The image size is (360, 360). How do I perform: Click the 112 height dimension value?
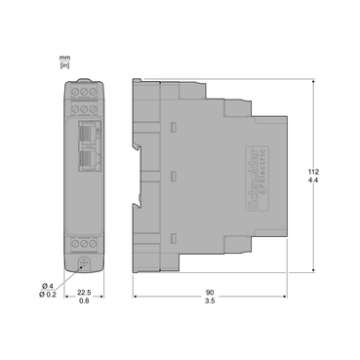tap(313, 172)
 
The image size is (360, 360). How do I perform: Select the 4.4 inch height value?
tap(313, 180)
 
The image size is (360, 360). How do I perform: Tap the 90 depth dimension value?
tap(210, 293)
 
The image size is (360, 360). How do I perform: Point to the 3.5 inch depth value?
tap(210, 300)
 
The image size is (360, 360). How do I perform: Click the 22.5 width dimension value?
tap(84, 293)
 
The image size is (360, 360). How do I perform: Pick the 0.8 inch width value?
tap(84, 300)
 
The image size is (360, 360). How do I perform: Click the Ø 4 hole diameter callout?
tap(48, 286)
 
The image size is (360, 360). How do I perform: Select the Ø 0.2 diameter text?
tap(48, 295)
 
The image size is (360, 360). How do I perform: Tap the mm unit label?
tap(64, 58)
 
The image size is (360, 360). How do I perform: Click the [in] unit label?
tap(64, 65)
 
